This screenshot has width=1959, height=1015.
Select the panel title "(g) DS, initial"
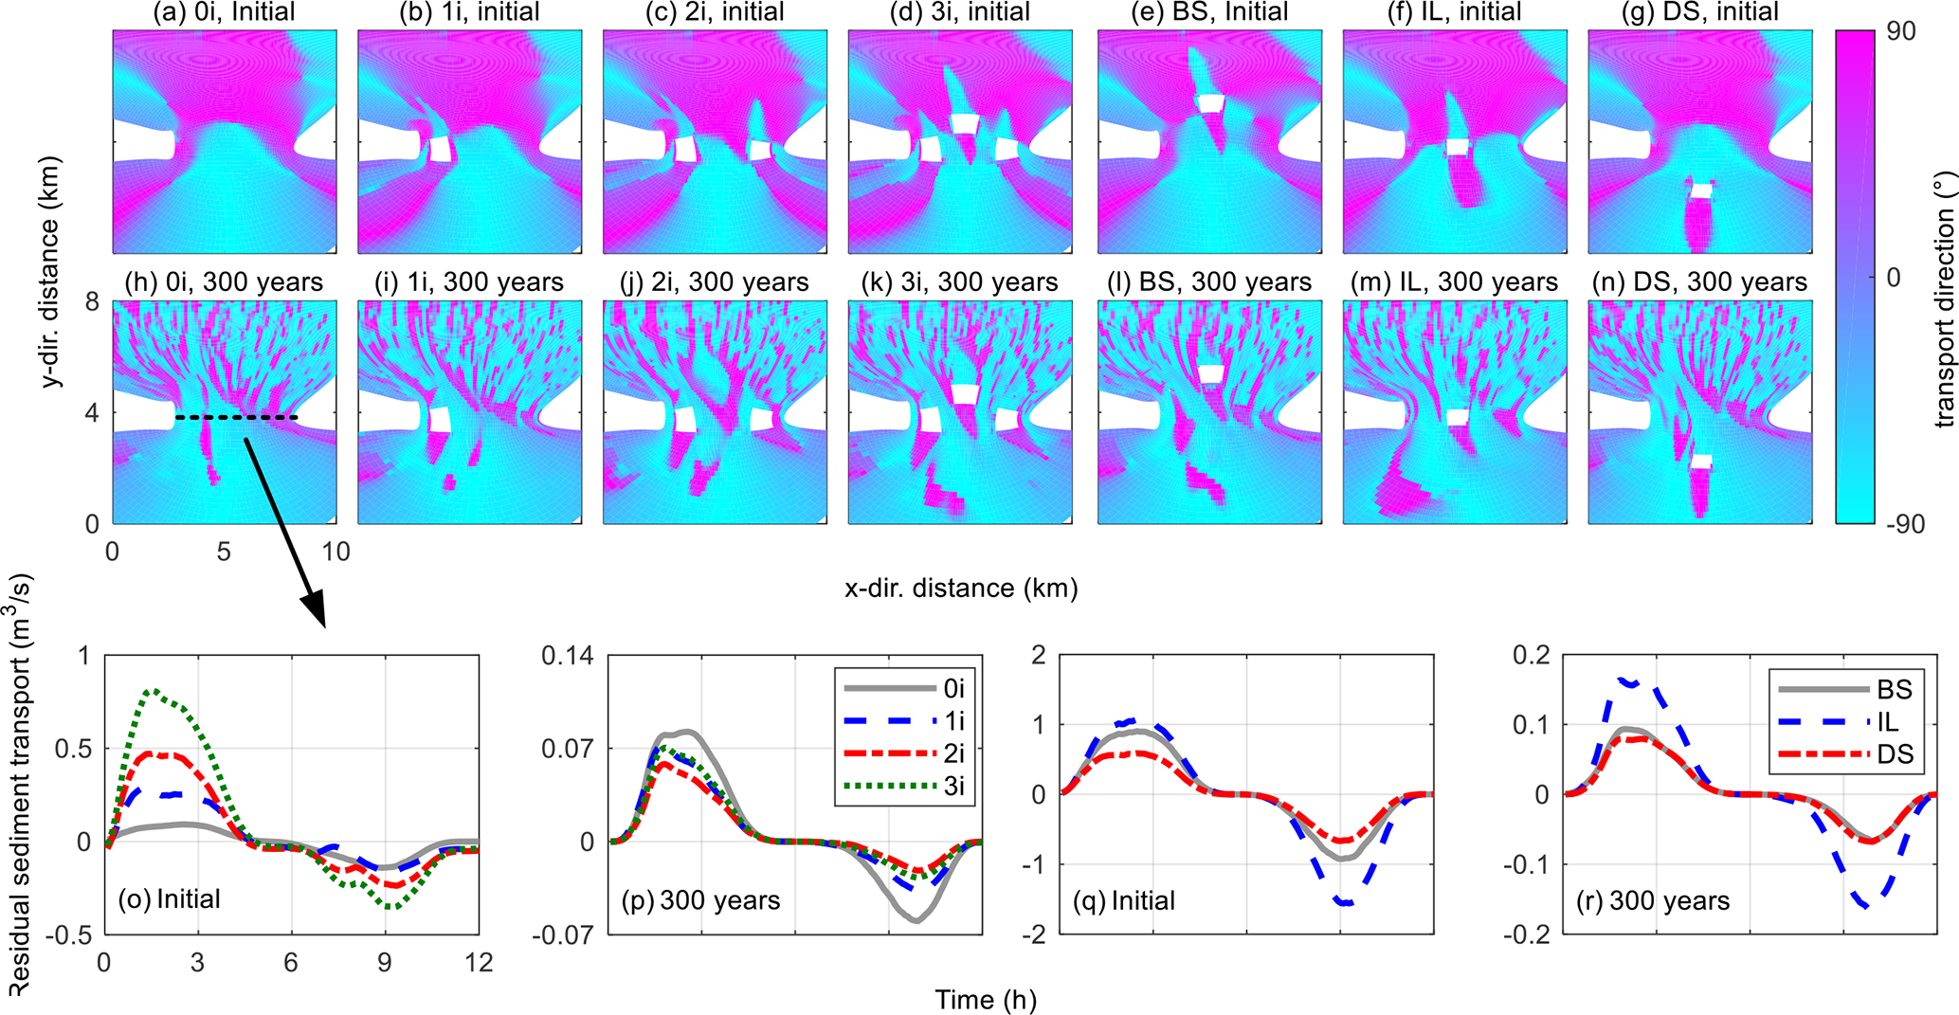(1700, 12)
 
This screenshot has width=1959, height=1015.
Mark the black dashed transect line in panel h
(236, 417)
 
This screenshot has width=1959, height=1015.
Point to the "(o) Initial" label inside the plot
(169, 898)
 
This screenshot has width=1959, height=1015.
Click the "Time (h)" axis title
(985, 999)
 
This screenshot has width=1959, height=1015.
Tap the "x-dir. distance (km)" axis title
(961, 589)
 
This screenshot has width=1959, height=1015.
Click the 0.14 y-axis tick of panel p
(567, 655)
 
